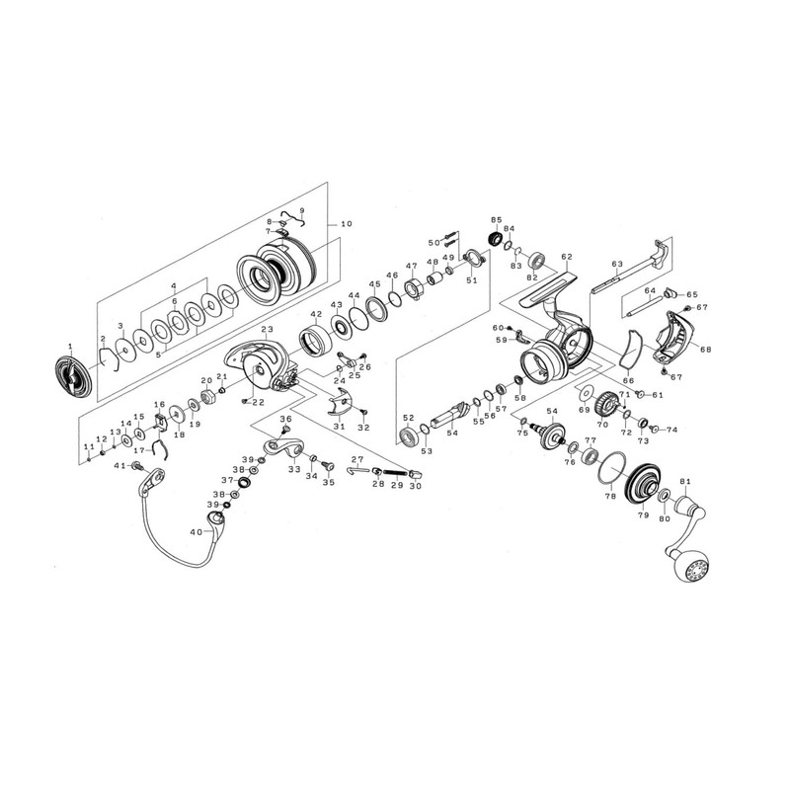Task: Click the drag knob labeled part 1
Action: pyautogui.click(x=72, y=376)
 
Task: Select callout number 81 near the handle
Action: pyautogui.click(x=684, y=482)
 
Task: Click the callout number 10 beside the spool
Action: pyautogui.click(x=347, y=224)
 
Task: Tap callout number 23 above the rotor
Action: pyautogui.click(x=267, y=330)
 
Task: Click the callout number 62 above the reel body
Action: pyautogui.click(x=567, y=257)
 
